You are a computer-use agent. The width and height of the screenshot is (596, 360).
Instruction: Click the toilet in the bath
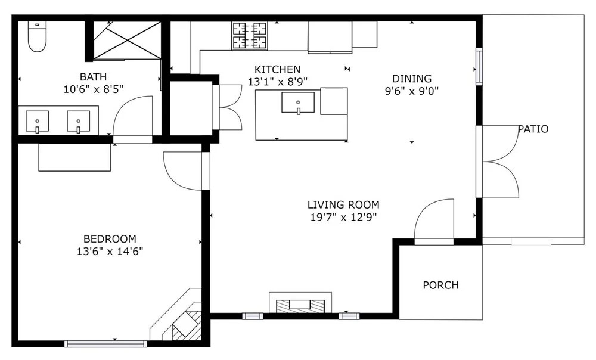click(37, 36)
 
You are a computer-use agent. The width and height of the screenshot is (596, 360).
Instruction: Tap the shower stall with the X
click(128, 41)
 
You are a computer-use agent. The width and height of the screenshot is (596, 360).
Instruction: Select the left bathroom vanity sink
click(37, 121)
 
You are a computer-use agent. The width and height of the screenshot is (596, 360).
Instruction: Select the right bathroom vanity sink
click(78, 121)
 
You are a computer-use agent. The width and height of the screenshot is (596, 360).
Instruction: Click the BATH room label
click(93, 77)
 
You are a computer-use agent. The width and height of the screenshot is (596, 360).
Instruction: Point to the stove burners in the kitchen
click(249, 36)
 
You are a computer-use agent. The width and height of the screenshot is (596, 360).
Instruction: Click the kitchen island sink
click(298, 103)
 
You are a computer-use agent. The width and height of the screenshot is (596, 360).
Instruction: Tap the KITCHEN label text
click(278, 69)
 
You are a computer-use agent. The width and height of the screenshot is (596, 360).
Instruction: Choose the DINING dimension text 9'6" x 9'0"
click(412, 91)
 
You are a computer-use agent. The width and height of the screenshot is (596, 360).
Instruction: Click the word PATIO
click(533, 129)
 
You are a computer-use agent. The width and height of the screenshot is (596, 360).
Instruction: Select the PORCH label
click(441, 285)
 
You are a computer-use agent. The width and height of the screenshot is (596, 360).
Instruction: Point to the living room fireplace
click(300, 303)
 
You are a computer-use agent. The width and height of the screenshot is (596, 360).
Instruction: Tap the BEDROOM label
click(110, 239)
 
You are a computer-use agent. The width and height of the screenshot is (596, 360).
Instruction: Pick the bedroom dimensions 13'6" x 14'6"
click(110, 252)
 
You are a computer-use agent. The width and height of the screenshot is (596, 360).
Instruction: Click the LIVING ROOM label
click(344, 205)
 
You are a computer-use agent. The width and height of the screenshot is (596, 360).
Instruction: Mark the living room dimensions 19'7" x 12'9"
click(344, 218)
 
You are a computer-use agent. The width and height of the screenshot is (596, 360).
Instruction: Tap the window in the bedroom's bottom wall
click(105, 344)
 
